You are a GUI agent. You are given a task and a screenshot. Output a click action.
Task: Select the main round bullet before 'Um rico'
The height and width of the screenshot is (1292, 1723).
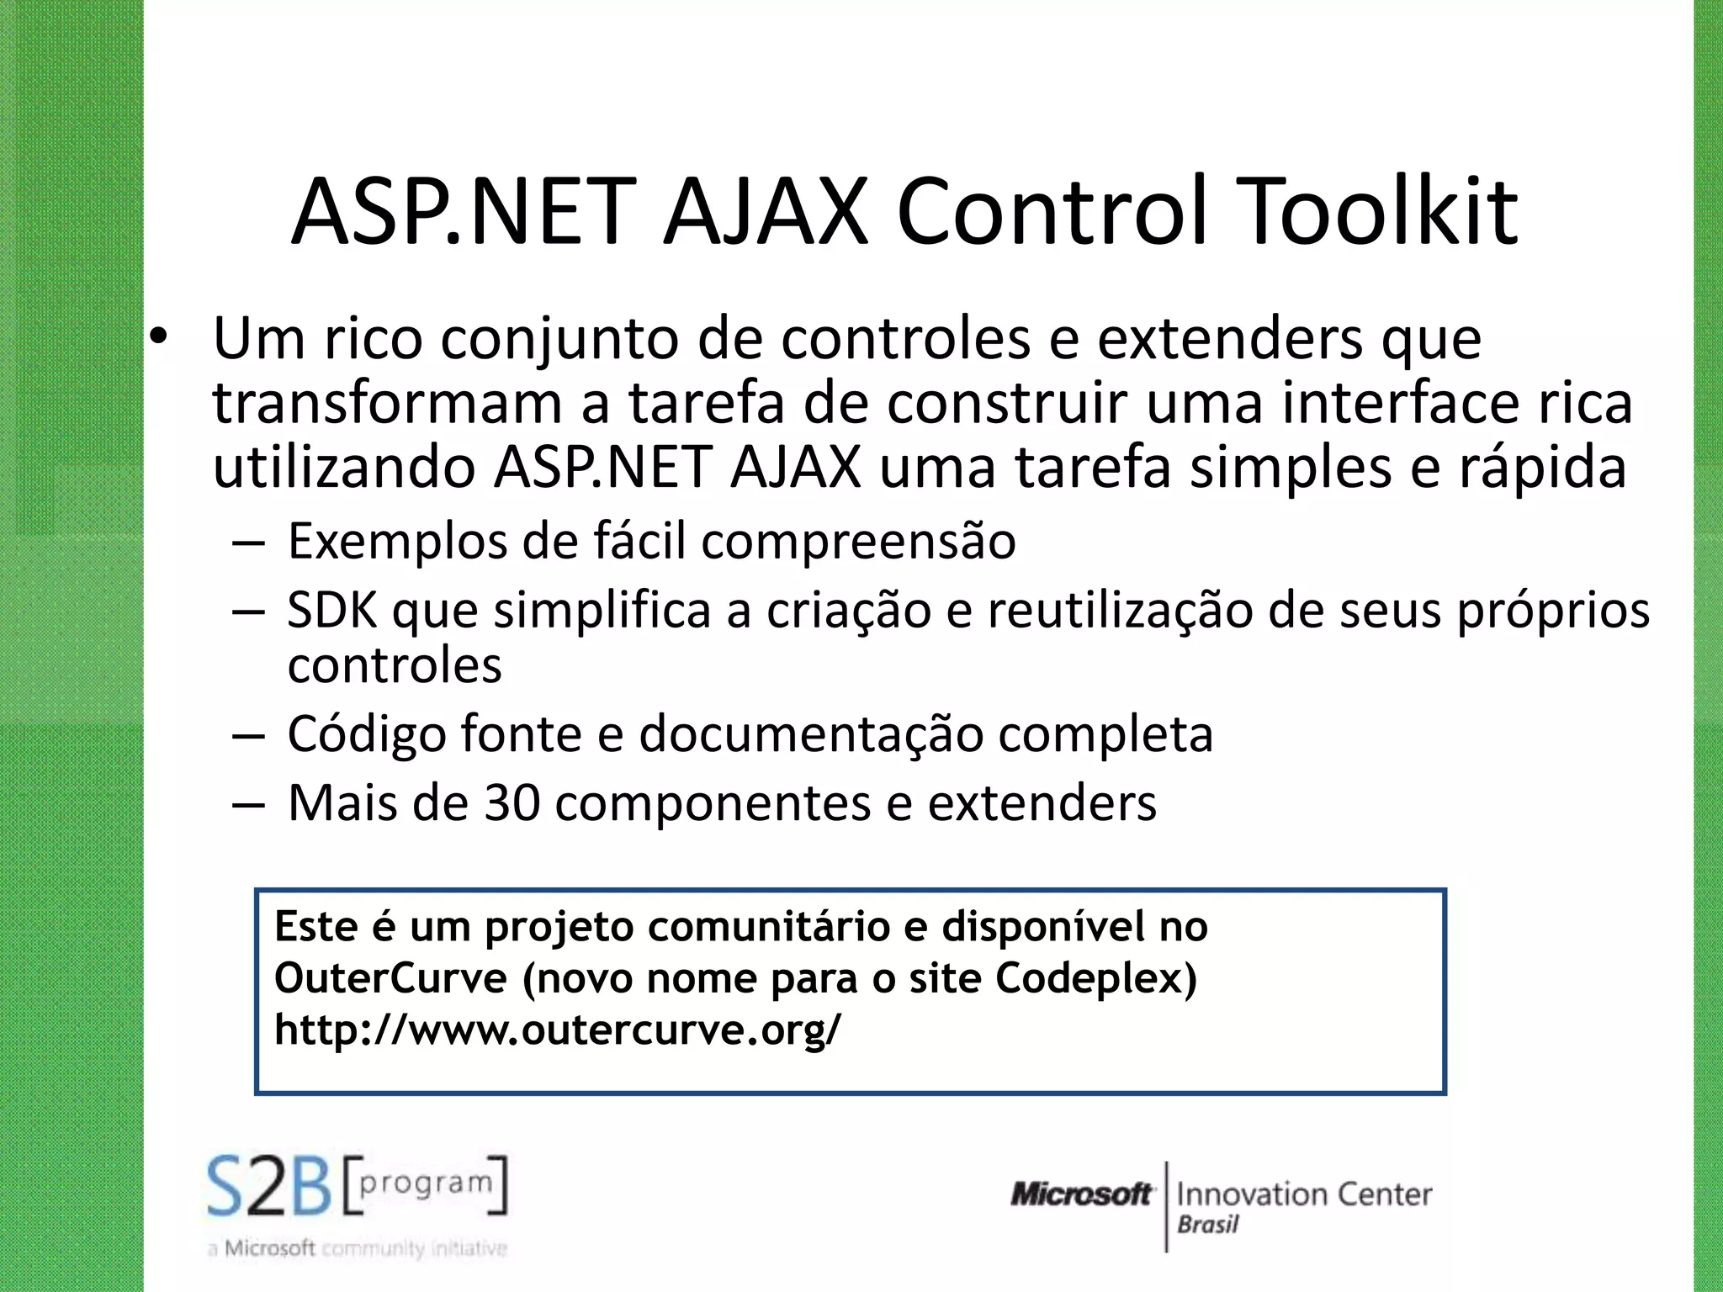pos(158,338)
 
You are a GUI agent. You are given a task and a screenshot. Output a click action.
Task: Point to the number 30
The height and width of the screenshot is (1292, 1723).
pos(512,802)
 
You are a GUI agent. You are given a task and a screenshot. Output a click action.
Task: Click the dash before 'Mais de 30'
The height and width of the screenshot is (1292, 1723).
pos(248,804)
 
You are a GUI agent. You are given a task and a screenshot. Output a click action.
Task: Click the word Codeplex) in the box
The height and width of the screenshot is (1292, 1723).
pos(1095,978)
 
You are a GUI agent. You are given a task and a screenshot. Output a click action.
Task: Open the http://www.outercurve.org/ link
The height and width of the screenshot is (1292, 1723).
pos(557,1030)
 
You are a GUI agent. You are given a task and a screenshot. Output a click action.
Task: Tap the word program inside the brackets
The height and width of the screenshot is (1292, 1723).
pos(425,1183)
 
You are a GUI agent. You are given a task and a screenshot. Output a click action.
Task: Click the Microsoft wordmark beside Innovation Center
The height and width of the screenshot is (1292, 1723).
pos(1081,1194)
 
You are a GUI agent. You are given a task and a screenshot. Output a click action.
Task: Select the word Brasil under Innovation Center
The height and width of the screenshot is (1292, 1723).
pos(1208,1225)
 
